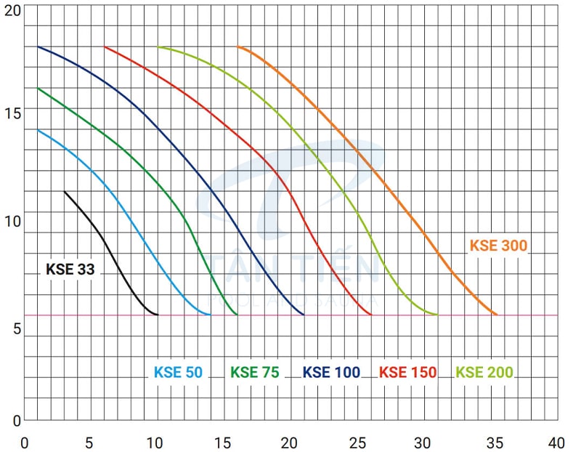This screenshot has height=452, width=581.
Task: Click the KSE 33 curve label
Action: pyautogui.click(x=70, y=270)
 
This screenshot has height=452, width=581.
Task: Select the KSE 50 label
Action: pyautogui.click(x=178, y=373)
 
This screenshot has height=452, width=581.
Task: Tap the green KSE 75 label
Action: pyautogui.click(x=255, y=373)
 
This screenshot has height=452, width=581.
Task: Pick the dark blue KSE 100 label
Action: pyautogui.click(x=331, y=373)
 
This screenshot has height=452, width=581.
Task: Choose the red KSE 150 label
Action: pyautogui.click(x=408, y=373)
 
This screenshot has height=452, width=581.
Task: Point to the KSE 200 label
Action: pyautogui.click(x=484, y=373)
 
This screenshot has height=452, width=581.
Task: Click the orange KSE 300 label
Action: pyautogui.click(x=498, y=246)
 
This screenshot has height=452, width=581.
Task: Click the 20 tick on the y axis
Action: pyautogui.click(x=12, y=9)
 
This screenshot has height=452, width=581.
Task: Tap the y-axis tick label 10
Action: pyautogui.click(x=12, y=221)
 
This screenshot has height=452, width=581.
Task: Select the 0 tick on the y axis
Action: pyautogui.click(x=17, y=419)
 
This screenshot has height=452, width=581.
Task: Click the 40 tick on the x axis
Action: pyautogui.click(x=556, y=442)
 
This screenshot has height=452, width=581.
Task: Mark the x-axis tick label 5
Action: pyautogui.click(x=89, y=442)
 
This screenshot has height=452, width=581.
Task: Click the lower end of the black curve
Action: pyautogui.click(x=158, y=315)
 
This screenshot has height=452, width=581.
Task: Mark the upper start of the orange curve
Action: pyautogui.click(x=238, y=47)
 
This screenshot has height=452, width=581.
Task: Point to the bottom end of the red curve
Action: pyautogui.click(x=371, y=315)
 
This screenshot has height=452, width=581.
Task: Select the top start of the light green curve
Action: pyautogui.click(x=158, y=47)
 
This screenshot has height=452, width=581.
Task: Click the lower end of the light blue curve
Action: pyautogui.click(x=211, y=315)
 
